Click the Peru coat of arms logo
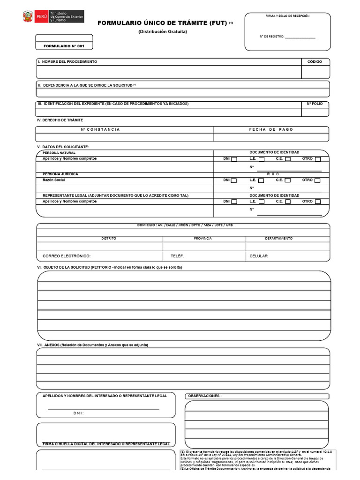(28, 18)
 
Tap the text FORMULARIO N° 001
(64, 46)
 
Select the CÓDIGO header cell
(315, 62)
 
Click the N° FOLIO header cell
(315, 104)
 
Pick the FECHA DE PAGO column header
(271, 129)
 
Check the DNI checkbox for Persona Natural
(234, 159)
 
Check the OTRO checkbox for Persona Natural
(318, 159)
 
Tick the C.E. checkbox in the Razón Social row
(288, 180)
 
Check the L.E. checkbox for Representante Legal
(262, 202)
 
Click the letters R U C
(273, 174)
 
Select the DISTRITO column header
(109, 238)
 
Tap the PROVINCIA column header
(202, 238)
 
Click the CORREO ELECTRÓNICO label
(67, 256)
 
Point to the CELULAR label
(259, 256)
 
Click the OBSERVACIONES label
(205, 396)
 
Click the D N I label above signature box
(78, 413)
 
